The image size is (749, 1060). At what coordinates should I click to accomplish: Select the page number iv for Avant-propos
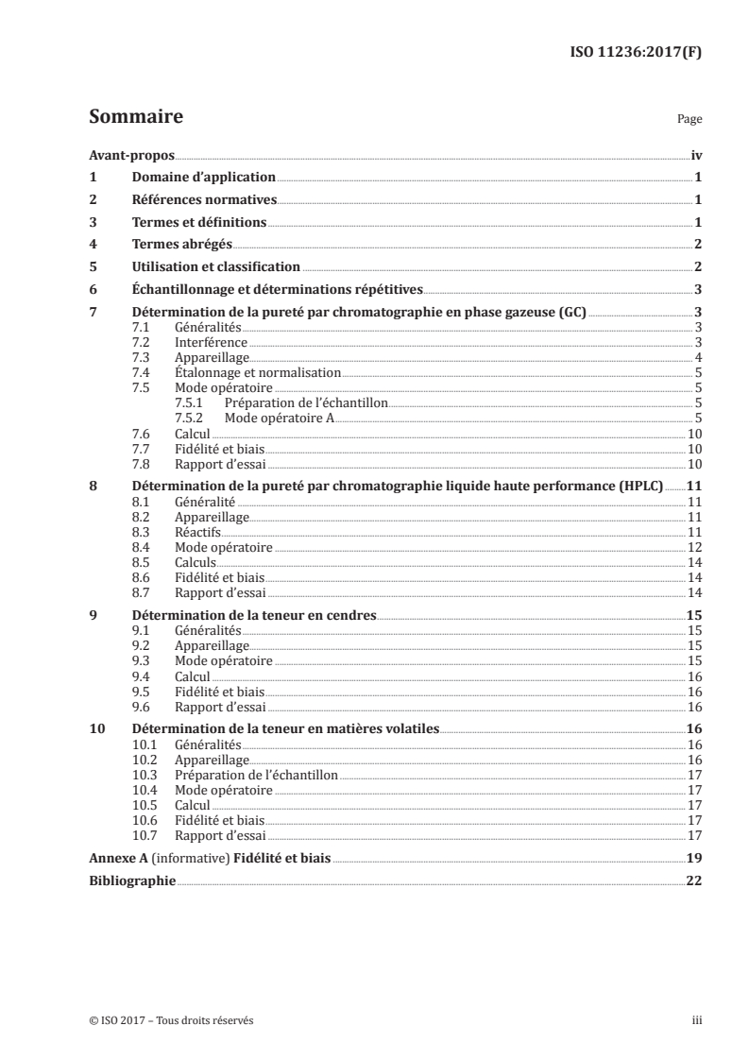tap(696, 155)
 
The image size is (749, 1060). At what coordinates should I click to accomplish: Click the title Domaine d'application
tap(203, 178)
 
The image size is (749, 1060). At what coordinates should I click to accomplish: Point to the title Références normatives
tap(204, 200)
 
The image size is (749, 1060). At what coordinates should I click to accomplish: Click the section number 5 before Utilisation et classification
tap(93, 267)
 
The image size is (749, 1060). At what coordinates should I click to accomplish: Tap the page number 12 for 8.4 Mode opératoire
tap(693, 547)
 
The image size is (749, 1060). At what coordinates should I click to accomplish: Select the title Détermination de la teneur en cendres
tap(254, 615)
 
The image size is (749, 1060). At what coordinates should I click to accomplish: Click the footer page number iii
tap(697, 1020)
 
